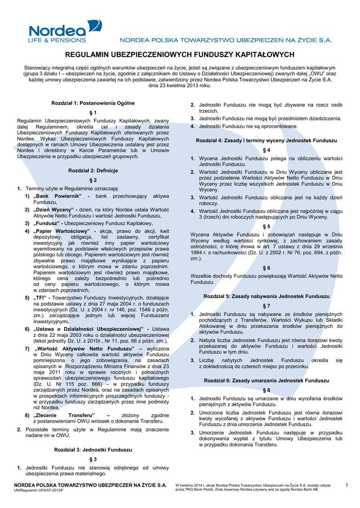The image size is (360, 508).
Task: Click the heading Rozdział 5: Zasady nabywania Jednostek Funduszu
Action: pos(267,296)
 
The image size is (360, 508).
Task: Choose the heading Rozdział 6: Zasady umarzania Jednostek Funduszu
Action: pos(267,381)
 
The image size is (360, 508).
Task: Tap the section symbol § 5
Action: pos(267,226)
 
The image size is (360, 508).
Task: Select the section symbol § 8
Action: pos(267,390)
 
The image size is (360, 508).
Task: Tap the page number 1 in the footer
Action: pos(347,485)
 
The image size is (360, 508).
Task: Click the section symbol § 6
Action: pos(267,268)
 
